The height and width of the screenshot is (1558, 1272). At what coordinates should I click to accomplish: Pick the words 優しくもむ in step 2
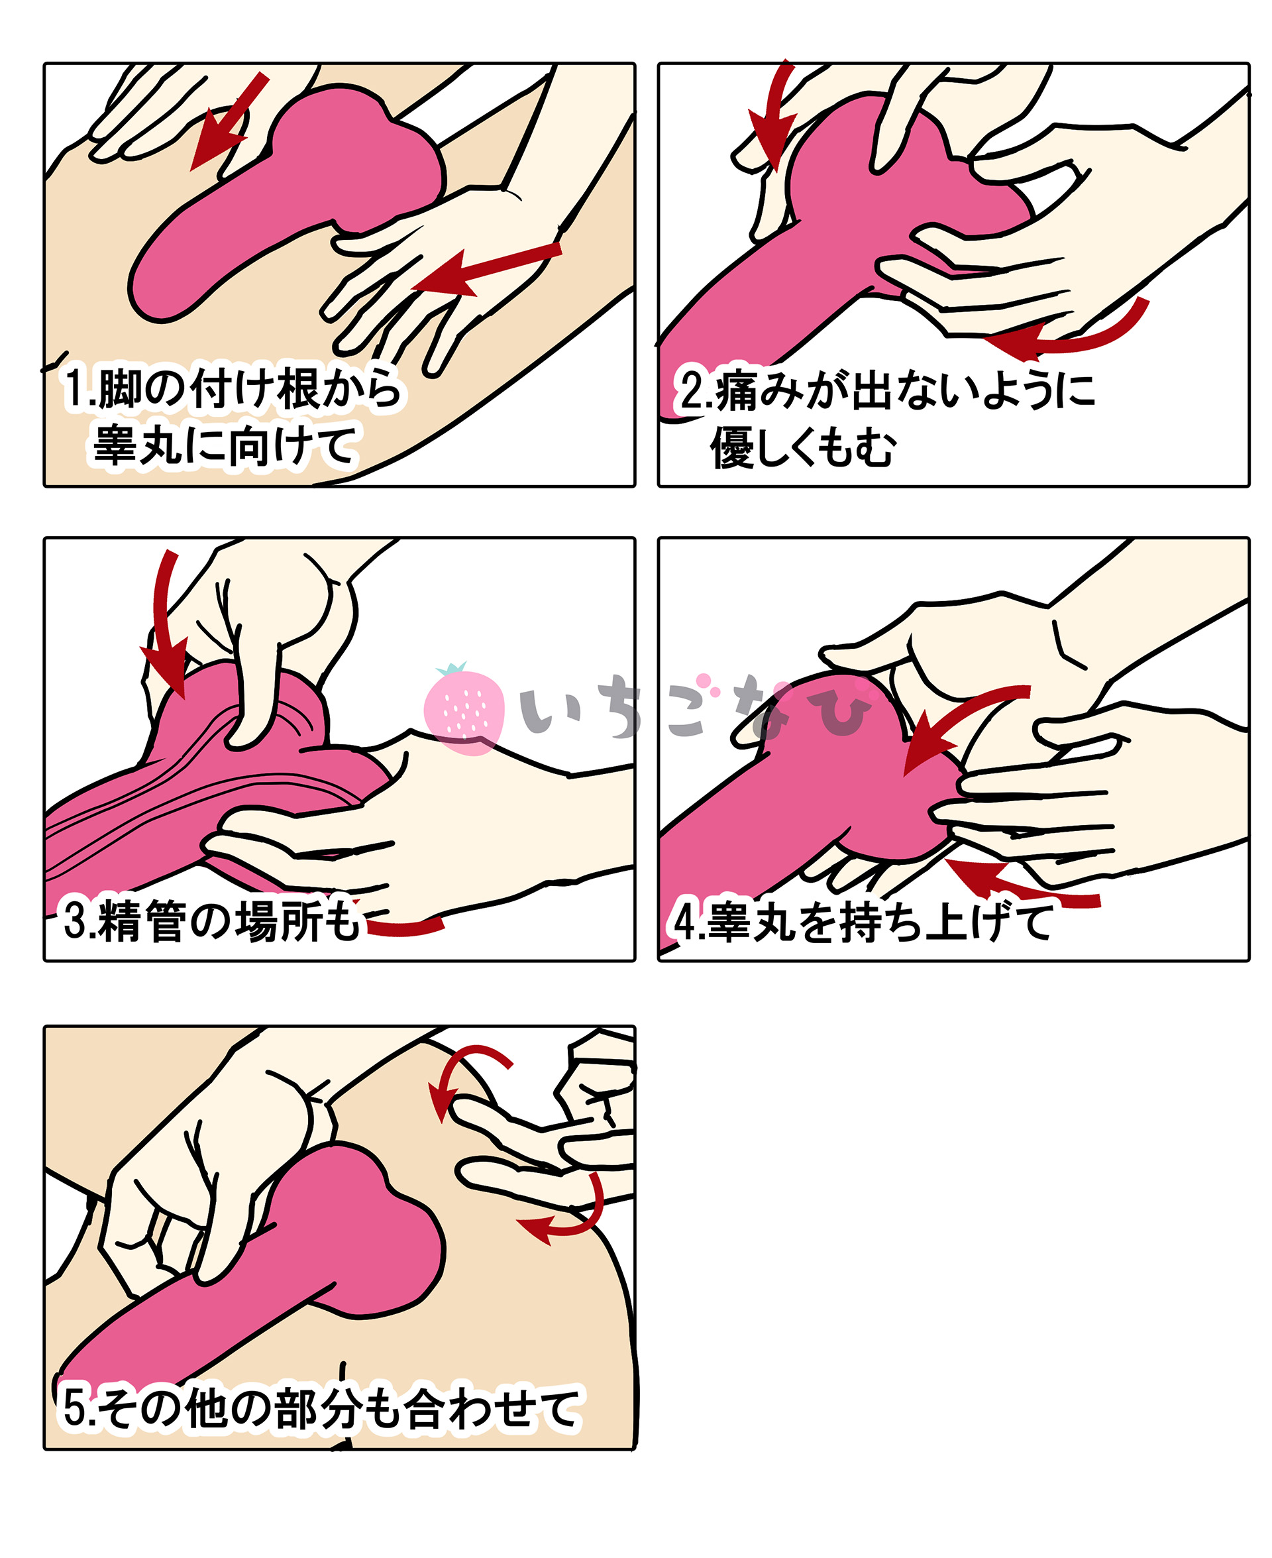pos(803,447)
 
